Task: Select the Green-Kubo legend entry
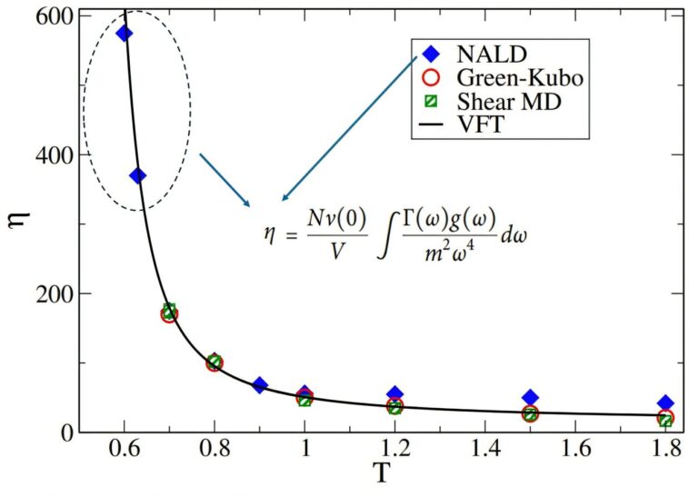point(507,78)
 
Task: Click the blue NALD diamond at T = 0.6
point(125,34)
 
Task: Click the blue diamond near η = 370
point(137,175)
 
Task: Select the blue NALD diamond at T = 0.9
point(259,385)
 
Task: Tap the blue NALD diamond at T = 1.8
point(665,403)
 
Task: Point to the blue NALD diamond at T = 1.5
point(530,397)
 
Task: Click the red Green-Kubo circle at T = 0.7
point(169,314)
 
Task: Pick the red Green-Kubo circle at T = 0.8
point(215,363)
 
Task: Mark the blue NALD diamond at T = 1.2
point(394,393)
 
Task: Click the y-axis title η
point(20,221)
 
